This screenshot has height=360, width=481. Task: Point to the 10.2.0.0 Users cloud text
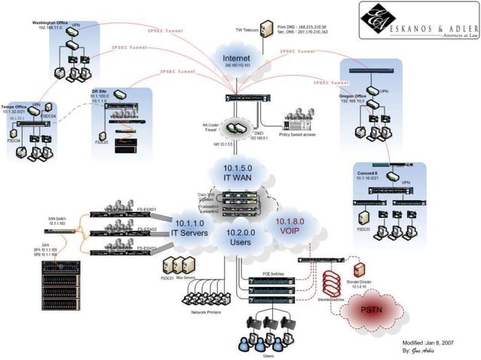(x=240, y=239)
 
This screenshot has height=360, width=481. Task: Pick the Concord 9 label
(x=368, y=173)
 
